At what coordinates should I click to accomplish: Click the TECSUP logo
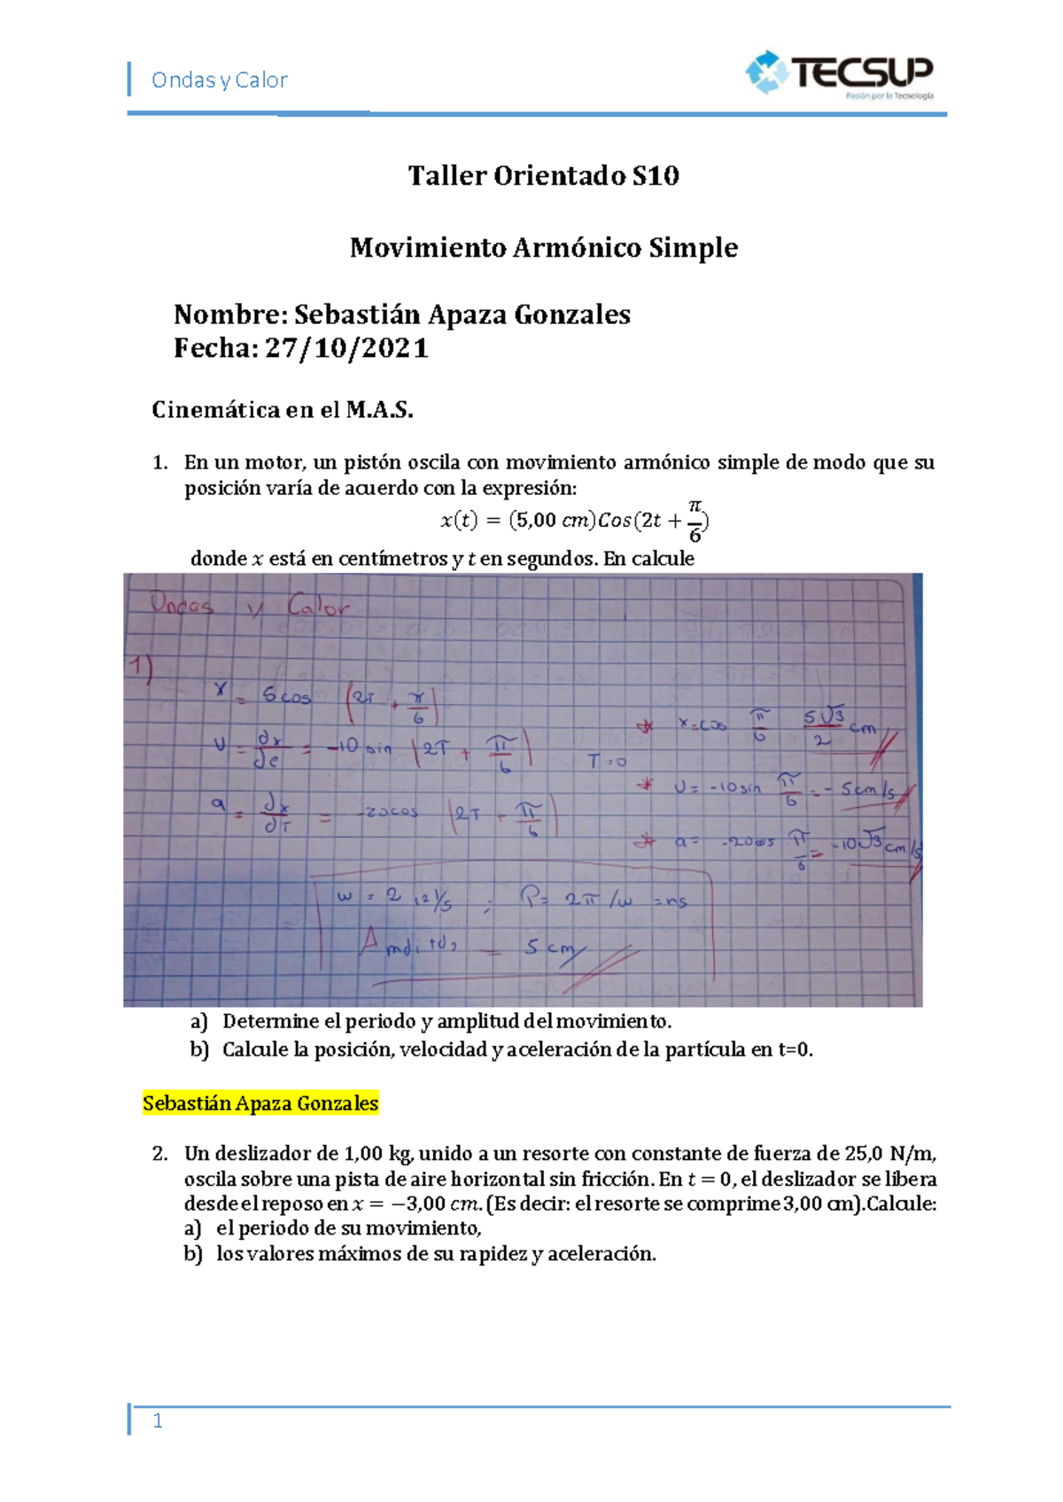pyautogui.click(x=839, y=74)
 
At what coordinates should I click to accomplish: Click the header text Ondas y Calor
pyautogui.click(x=219, y=81)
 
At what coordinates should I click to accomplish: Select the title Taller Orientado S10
pyautogui.click(x=543, y=175)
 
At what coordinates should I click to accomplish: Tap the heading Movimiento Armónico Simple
pyautogui.click(x=543, y=247)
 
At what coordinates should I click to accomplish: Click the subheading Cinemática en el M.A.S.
pyautogui.click(x=283, y=409)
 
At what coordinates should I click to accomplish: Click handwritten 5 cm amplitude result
pyautogui.click(x=548, y=947)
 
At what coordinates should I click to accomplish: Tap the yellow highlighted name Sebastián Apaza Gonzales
pyautogui.click(x=260, y=1103)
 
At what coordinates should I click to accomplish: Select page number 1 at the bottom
pyautogui.click(x=158, y=1421)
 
